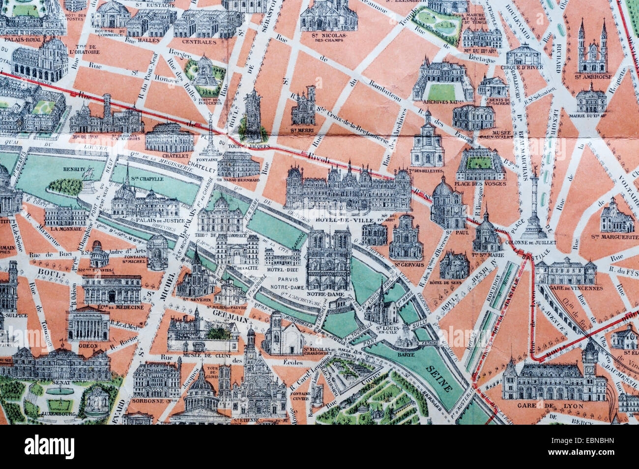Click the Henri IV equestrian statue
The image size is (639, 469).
click(88, 186)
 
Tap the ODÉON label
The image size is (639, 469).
click(88, 345)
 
